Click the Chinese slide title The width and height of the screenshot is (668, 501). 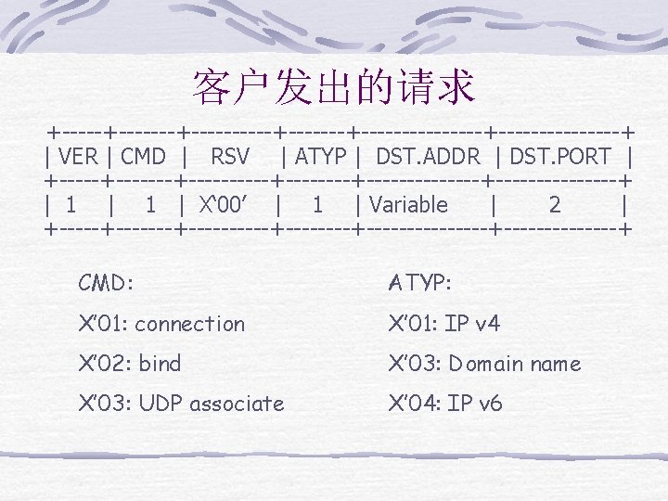[333, 86]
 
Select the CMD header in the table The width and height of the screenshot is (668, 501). [143, 157]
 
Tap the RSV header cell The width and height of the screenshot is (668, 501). [230, 157]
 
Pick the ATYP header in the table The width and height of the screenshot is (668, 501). [319, 157]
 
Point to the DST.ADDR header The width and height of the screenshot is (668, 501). [427, 157]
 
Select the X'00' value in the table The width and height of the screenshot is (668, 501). [227, 205]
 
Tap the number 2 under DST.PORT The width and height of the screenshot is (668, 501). [555, 205]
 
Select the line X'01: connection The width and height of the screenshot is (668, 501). [161, 324]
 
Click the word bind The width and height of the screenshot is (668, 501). [159, 364]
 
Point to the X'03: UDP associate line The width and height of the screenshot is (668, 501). [181, 404]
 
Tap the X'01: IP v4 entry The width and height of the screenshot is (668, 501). [444, 324]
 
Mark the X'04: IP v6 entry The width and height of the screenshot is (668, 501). [445, 404]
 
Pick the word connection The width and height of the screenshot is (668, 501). [189, 324]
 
